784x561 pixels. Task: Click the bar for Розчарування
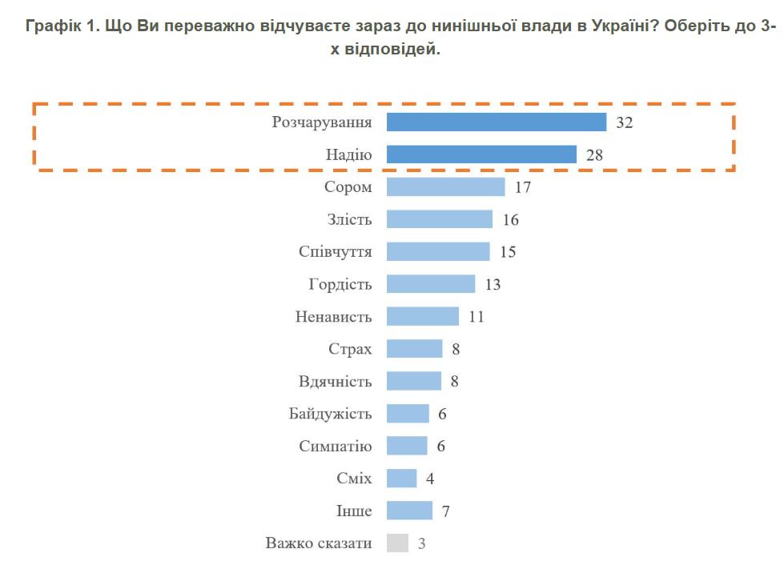point(496,122)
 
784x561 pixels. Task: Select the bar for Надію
point(481,154)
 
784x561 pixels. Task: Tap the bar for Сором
point(445,187)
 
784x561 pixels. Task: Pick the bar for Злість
point(439,219)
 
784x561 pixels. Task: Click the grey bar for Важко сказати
point(397,543)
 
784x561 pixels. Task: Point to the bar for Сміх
point(401,479)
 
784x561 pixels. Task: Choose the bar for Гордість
point(431,284)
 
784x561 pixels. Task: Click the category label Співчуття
point(335,252)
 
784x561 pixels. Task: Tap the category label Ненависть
point(333,317)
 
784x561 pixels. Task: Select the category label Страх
point(350,349)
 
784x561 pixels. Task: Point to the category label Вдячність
point(335,382)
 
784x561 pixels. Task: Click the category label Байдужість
point(330,414)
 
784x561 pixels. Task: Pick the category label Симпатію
point(335,447)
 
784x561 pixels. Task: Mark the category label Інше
point(355,511)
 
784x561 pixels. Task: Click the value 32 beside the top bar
point(625,122)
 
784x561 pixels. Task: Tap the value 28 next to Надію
point(594,155)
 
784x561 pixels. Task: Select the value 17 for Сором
point(523,187)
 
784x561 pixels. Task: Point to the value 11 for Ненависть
point(476,317)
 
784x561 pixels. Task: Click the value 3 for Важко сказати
point(421,544)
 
